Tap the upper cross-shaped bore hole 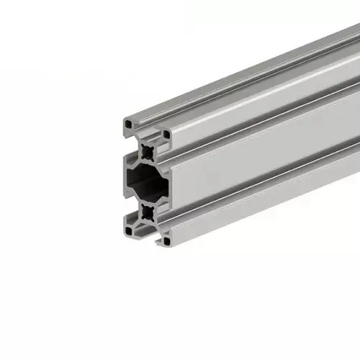(148, 151)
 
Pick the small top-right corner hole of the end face (166, 134)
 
